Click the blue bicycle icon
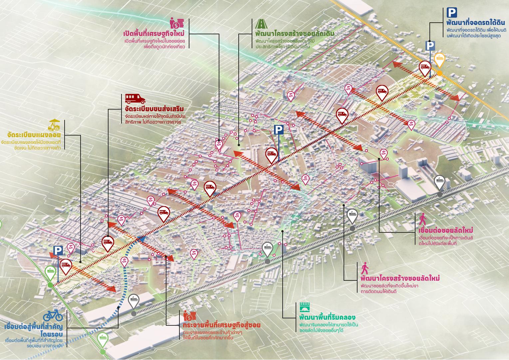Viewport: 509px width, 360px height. pyautogui.click(x=53, y=315)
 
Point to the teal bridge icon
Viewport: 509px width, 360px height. pyautogui.click(x=305, y=307)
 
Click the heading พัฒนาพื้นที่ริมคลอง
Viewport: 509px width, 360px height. pyautogui.click(x=327, y=317)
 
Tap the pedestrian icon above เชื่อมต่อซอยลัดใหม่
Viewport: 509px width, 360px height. pyautogui.click(x=422, y=219)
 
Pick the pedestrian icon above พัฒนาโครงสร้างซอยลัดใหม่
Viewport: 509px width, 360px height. pyautogui.click(x=365, y=268)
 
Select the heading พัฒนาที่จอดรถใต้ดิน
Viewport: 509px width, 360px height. pyautogui.click(x=476, y=23)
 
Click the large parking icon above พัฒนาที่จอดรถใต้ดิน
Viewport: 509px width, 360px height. pyautogui.click(x=452, y=13)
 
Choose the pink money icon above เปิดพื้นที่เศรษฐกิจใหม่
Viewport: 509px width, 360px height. pyautogui.click(x=177, y=23)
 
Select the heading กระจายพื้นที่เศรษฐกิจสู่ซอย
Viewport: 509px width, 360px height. pyautogui.click(x=222, y=325)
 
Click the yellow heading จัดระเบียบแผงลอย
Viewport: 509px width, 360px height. pyautogui.click(x=34, y=135)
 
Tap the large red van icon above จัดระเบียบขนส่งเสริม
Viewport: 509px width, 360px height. pyautogui.click(x=135, y=98)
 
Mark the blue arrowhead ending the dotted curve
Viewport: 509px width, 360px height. pyautogui.click(x=141, y=238)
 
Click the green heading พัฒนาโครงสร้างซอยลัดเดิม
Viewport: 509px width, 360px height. pyautogui.click(x=295, y=34)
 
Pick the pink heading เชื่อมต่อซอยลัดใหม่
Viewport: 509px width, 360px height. pyautogui.click(x=446, y=230)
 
